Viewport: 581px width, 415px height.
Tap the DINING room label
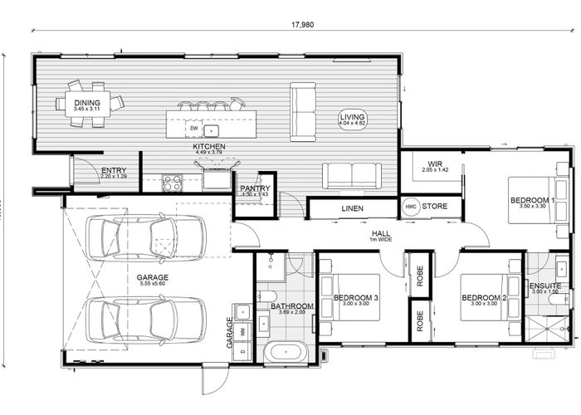[86, 104]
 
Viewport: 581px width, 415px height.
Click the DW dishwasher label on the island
[193, 129]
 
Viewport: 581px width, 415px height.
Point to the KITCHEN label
[209, 147]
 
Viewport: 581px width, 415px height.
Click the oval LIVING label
[352, 120]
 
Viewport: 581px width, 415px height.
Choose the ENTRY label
[114, 171]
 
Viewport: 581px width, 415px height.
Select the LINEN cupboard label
[352, 207]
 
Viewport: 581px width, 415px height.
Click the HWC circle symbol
[410, 206]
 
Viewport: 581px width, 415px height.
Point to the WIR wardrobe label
[434, 164]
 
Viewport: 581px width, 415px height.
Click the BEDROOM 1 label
[532, 200]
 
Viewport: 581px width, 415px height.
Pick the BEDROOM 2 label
[484, 298]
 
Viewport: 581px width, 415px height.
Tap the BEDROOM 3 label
[356, 298]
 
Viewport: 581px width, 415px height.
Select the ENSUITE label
[545, 286]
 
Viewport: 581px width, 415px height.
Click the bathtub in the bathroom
[286, 351]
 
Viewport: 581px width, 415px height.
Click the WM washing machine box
[242, 331]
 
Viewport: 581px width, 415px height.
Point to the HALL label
[381, 235]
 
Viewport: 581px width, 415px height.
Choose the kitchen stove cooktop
[172, 182]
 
